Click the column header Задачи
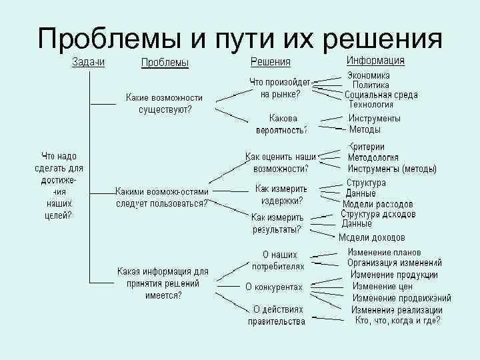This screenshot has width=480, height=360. pyautogui.click(x=89, y=62)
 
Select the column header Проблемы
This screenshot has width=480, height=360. pyautogui.click(x=165, y=63)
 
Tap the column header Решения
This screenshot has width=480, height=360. pyautogui.click(x=270, y=63)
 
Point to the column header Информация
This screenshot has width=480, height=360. pyautogui.click(x=375, y=61)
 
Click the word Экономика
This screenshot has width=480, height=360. pyautogui.click(x=369, y=76)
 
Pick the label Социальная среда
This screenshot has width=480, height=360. pyautogui.click(x=381, y=95)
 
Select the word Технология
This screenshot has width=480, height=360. pyautogui.click(x=371, y=104)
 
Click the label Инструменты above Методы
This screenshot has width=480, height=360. pyautogui.click(x=374, y=118)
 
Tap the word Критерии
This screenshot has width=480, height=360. pyautogui.click(x=367, y=147)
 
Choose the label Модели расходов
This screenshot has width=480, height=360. pyautogui.click(x=377, y=204)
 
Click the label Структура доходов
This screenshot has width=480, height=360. pyautogui.click(x=378, y=214)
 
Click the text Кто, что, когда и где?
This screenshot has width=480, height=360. pyautogui.click(x=397, y=320)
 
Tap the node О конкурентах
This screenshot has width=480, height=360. pyautogui.click(x=274, y=287)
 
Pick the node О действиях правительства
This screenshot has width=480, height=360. pyautogui.click(x=277, y=315)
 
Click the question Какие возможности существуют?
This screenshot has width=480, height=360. pyautogui.click(x=164, y=103)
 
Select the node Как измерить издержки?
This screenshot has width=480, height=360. pyautogui.click(x=281, y=194)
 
